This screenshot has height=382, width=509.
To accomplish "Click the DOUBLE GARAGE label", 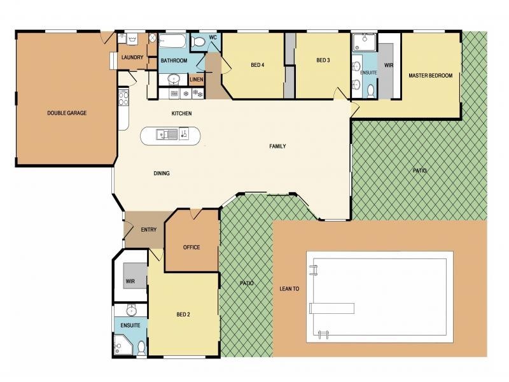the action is [x=67, y=113].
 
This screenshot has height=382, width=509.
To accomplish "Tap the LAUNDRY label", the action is [x=132, y=57].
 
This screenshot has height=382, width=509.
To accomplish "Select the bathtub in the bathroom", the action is [x=172, y=41].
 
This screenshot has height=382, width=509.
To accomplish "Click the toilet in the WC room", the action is [x=198, y=42].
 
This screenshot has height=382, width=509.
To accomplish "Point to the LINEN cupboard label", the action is [x=197, y=80].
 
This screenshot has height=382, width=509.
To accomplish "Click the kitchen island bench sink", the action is [x=167, y=134].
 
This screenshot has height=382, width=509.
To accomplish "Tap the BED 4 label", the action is [x=258, y=65].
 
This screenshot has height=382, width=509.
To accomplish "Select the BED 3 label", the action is [x=323, y=60].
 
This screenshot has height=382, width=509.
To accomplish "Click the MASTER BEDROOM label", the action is [x=431, y=76].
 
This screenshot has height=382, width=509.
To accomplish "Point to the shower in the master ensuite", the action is [x=365, y=42].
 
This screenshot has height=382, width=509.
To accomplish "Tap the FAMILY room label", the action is [x=277, y=146].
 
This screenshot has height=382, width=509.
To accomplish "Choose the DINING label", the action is [x=162, y=173].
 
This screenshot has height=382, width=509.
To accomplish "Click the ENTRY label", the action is [x=149, y=230].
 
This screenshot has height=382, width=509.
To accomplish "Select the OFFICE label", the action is [x=192, y=248].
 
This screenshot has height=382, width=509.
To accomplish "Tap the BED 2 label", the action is [x=183, y=315].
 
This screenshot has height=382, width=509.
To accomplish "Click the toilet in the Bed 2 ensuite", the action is [x=141, y=348].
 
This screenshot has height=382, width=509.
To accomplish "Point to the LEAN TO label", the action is [x=289, y=289].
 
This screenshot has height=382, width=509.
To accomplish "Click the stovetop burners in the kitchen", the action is [x=123, y=99].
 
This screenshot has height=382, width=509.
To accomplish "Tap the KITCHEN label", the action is [x=181, y=113].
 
